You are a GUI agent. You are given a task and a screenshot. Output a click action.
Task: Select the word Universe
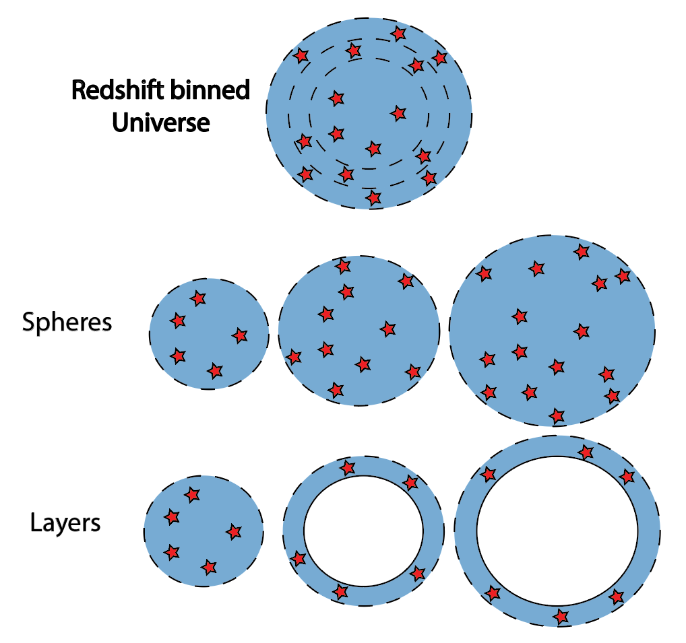tap(160, 123)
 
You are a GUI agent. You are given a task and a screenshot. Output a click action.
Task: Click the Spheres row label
tap(67, 323)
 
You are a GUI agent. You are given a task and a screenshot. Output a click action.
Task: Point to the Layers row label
tap(65, 522)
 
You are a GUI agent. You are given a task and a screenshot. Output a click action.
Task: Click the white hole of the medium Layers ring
tap(363, 531)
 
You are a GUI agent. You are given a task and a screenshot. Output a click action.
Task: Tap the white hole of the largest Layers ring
tap(557, 531)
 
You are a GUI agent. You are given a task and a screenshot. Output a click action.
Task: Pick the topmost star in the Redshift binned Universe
tap(399, 33)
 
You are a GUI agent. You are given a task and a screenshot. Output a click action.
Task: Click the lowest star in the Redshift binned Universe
tap(373, 198)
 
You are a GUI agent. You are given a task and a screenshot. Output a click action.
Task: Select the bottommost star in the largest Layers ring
tap(561, 615)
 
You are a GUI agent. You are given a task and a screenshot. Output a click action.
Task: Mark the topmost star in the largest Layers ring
tap(586, 452)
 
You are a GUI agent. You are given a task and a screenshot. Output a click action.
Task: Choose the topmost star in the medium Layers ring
tap(347, 467)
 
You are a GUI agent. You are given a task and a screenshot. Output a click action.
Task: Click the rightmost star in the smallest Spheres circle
tap(240, 335)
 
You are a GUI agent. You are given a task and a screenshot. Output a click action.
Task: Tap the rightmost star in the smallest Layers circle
tap(234, 532)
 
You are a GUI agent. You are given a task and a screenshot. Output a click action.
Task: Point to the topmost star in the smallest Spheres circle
tap(197, 298)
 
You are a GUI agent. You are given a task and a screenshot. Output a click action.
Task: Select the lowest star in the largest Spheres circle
tap(556, 414)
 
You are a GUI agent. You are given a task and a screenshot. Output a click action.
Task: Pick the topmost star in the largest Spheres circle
tap(581, 252)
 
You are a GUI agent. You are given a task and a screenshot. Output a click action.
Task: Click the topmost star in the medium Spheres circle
tap(343, 266)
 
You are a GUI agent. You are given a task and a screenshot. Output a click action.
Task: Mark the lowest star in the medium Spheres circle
tap(336, 389)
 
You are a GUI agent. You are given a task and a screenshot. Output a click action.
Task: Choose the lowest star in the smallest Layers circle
tap(209, 567)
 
